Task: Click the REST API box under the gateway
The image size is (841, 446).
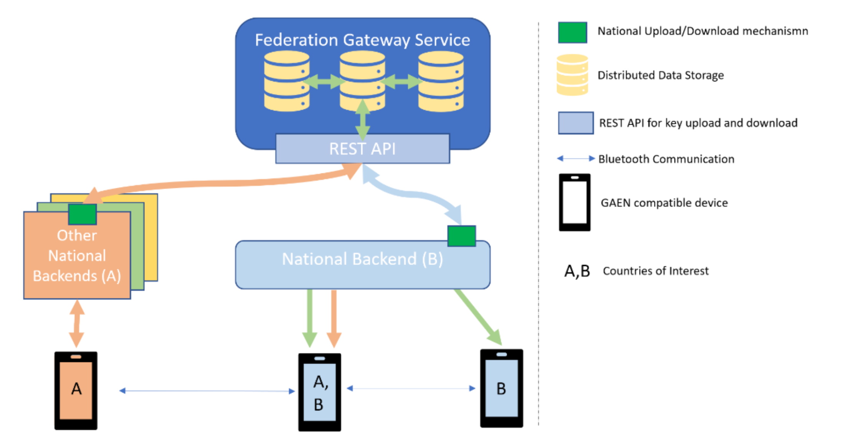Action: (362, 148)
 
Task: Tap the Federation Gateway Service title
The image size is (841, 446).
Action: (362, 40)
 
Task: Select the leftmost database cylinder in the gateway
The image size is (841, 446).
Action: (287, 81)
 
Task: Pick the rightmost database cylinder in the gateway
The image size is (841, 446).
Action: (441, 81)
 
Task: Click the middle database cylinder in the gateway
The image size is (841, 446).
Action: (362, 81)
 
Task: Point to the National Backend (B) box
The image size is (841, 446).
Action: (362, 265)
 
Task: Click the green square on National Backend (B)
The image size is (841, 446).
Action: (461, 236)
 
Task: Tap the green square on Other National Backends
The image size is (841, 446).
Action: (82, 214)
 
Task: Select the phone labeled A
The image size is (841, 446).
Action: (76, 390)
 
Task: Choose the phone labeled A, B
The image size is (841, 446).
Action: (319, 392)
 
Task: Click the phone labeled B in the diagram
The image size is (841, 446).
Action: (501, 388)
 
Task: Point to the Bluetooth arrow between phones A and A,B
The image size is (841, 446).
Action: (207, 391)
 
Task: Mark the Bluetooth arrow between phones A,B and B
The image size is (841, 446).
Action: (411, 388)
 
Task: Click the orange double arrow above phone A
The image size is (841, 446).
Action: (77, 323)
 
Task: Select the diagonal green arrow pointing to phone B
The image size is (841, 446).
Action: (478, 317)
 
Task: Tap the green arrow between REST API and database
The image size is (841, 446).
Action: (362, 120)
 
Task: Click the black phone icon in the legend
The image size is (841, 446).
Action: (574, 202)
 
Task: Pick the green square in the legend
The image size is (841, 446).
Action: (572, 32)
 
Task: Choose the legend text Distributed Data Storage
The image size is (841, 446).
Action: (661, 75)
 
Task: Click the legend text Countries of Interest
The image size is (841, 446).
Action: (656, 271)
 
